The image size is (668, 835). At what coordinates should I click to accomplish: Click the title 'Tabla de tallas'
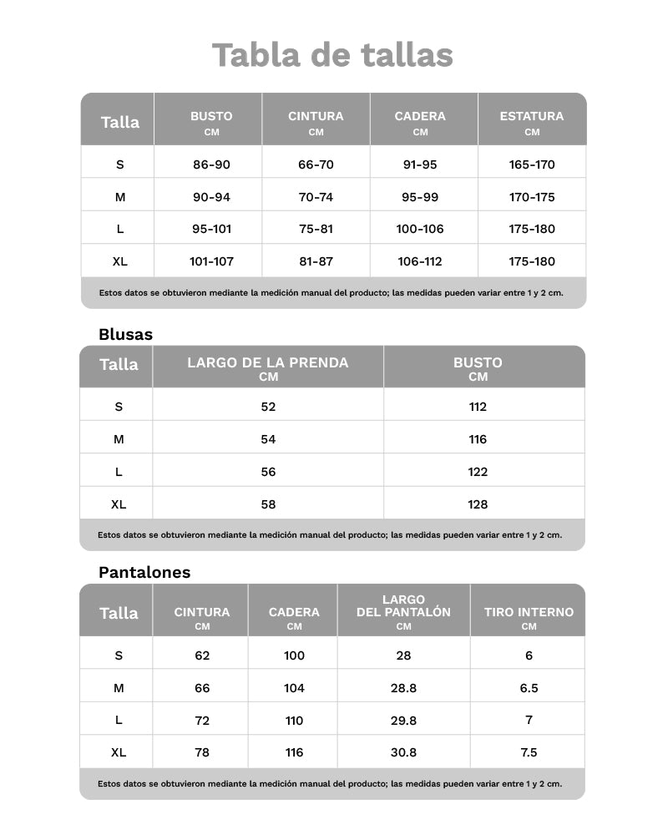click(x=332, y=55)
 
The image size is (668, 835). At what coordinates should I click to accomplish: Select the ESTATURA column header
click(x=531, y=117)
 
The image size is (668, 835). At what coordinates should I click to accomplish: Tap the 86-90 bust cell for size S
click(x=211, y=164)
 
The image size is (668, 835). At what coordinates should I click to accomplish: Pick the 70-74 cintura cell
click(x=316, y=197)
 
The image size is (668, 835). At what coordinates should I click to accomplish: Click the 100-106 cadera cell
click(x=420, y=229)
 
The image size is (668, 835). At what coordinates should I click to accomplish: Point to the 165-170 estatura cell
click(x=531, y=164)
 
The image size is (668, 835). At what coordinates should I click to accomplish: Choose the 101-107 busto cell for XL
click(x=211, y=261)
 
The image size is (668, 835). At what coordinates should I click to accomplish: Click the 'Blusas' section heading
click(x=125, y=334)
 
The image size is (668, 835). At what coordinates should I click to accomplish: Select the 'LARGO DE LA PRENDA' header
click(x=268, y=363)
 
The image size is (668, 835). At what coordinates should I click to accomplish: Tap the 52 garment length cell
click(x=268, y=407)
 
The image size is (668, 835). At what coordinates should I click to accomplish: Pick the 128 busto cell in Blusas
click(x=478, y=504)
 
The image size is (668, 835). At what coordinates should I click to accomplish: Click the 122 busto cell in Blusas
click(x=478, y=472)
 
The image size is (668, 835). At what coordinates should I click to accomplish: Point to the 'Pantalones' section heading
click(x=144, y=572)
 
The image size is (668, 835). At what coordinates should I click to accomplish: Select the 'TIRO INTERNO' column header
click(x=529, y=612)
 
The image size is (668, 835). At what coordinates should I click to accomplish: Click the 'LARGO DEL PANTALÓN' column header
click(x=403, y=606)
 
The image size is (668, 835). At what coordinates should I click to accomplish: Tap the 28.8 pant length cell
click(x=403, y=688)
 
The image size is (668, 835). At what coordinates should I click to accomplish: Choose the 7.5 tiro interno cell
click(x=529, y=752)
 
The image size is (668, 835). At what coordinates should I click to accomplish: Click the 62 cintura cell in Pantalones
click(x=202, y=655)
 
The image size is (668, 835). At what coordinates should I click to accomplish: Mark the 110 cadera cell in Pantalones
click(x=294, y=721)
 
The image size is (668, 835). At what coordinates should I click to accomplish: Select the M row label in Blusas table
click(x=119, y=439)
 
